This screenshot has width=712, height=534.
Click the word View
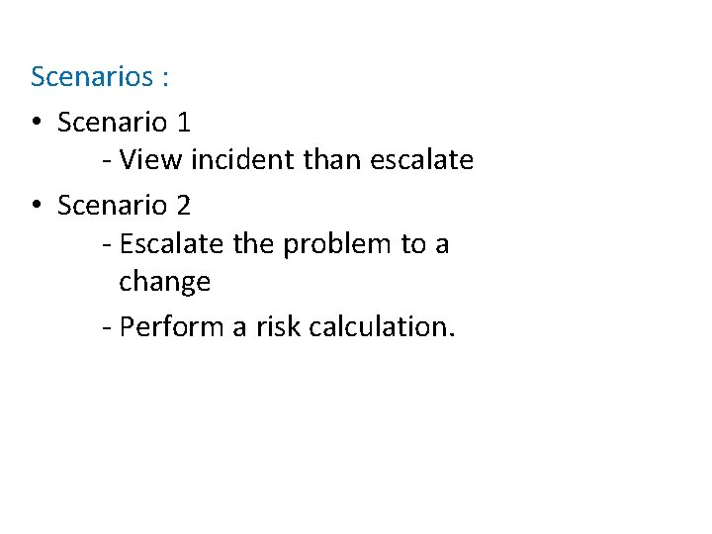click(x=145, y=159)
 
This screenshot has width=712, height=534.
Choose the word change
click(x=165, y=283)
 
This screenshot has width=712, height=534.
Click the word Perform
click(x=172, y=326)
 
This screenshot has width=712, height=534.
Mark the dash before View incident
click(x=106, y=160)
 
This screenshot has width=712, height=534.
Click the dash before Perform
click(x=106, y=327)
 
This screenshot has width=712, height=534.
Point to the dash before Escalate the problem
click(x=106, y=244)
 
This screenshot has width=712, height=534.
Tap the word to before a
click(x=413, y=244)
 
